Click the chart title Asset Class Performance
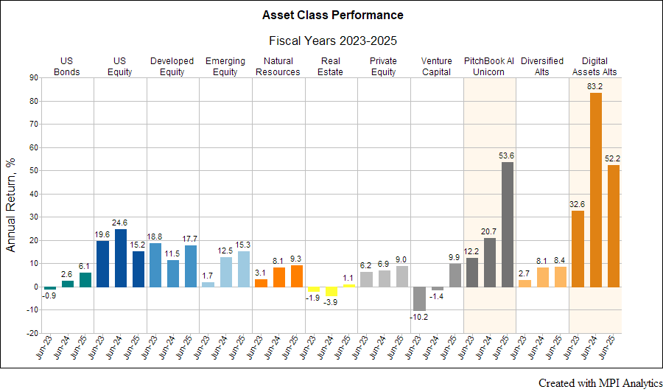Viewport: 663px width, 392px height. coord(332,15)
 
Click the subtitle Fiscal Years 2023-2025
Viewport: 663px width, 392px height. coord(332,41)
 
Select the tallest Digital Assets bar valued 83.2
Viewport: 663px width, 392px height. coord(596,190)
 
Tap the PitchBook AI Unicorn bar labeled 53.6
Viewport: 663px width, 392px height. coord(508,224)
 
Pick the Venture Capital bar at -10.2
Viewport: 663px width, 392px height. coord(419,298)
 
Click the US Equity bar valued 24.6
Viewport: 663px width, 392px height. coord(120,258)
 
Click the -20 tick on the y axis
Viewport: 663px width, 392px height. coord(32,332)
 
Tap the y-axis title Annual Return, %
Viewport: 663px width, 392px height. coord(12,206)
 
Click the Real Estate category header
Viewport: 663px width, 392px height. coord(331,66)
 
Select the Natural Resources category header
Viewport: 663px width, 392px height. coord(278,66)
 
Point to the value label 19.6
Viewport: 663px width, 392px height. coord(102,236)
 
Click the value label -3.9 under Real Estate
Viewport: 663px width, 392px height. coord(331,302)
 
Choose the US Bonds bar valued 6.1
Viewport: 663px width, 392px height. coord(85,279)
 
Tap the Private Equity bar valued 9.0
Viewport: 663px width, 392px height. coord(401,276)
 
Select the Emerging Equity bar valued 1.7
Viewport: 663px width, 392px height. coord(208,284)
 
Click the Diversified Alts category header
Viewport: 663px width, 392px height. coord(542,66)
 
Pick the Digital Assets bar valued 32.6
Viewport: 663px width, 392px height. coord(578,249)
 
